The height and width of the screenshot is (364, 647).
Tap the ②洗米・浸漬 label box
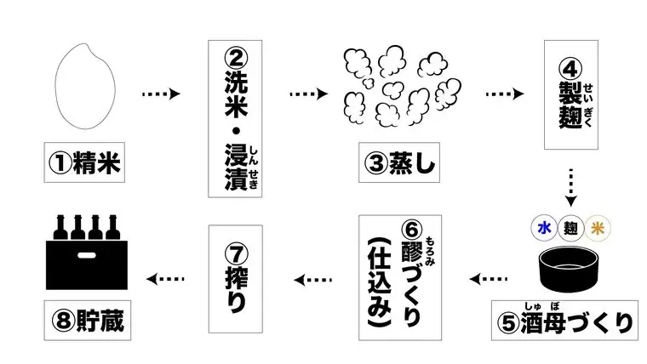coord(235,118)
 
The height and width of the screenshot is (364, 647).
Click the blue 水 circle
coord(542,227)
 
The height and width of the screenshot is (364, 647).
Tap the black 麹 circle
coord(570,227)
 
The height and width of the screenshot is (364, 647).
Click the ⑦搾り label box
coord(236,277)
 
